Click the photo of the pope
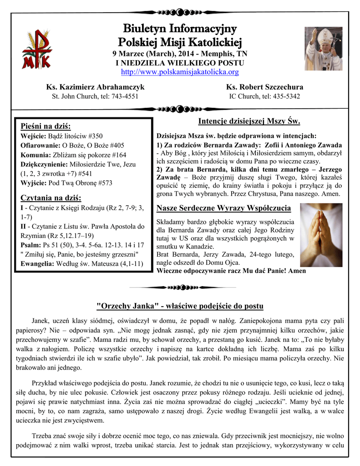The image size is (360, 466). (x=323, y=48)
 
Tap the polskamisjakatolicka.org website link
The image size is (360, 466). (x=180, y=72)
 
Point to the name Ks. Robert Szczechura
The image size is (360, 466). (x=264, y=87)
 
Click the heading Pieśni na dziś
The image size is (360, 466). (x=46, y=126)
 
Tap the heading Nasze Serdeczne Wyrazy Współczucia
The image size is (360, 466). (x=223, y=208)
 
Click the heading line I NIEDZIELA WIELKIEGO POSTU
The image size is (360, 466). (x=180, y=62)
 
